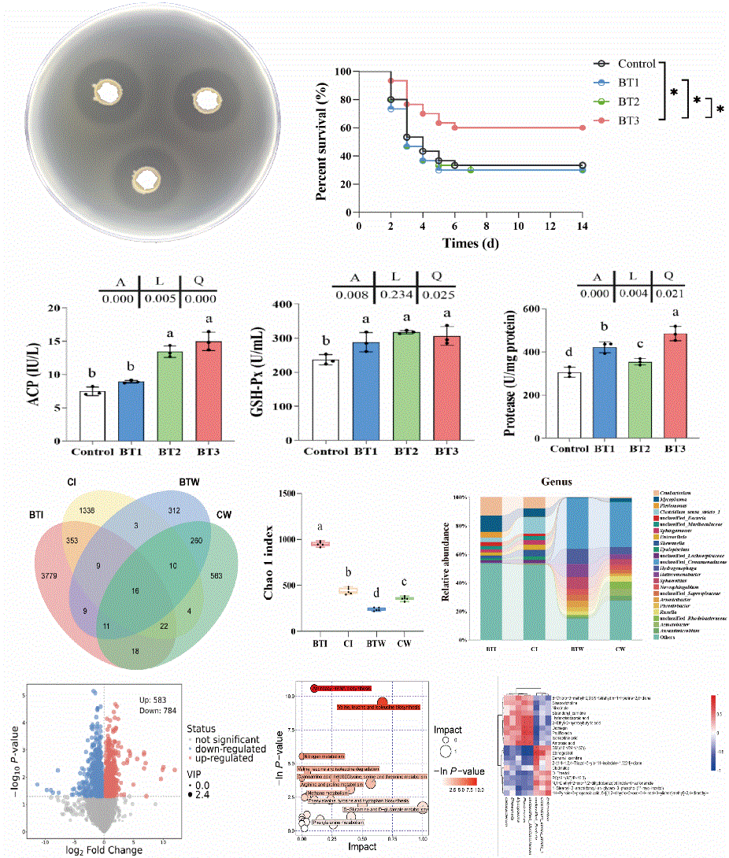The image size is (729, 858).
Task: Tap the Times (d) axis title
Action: pos(470,242)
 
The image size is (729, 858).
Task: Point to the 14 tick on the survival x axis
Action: pos(582,224)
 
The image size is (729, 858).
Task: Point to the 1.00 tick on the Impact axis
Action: pos(424,838)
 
